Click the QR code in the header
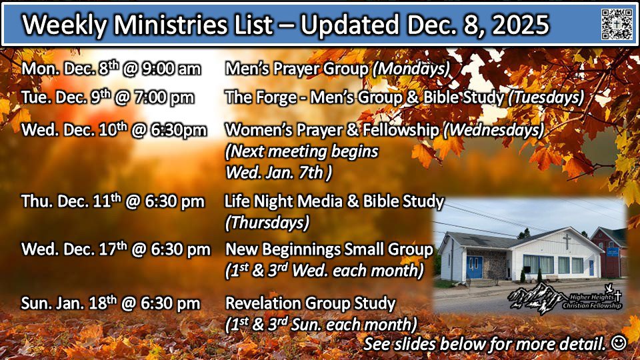click(617, 24)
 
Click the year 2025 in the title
click(520, 25)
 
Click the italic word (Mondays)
click(411, 69)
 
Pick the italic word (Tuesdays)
click(546, 97)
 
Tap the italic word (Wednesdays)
click(494, 130)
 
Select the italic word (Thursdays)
click(267, 223)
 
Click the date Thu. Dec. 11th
click(71, 201)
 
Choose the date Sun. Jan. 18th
click(69, 303)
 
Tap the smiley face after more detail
click(619, 343)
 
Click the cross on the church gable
click(567, 241)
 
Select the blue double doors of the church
click(475, 267)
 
